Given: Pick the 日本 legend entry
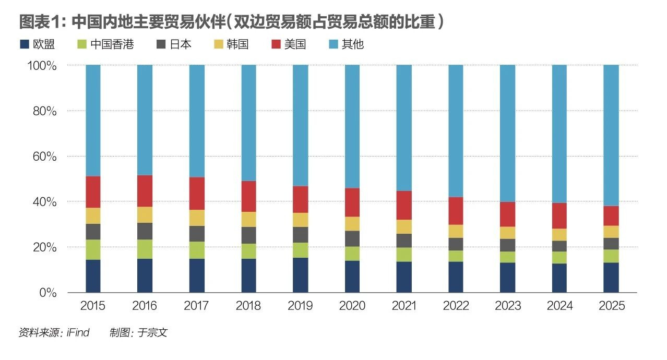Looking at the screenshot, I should tap(174, 44).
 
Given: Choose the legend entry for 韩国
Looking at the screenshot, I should tap(231, 44).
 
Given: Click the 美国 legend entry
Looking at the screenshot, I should tap(289, 44).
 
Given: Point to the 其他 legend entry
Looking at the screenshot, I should tap(346, 44).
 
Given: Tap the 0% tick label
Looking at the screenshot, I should tap(49, 293).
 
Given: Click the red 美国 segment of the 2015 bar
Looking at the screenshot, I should tap(93, 192).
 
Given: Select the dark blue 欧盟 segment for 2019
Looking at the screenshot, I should tap(300, 275).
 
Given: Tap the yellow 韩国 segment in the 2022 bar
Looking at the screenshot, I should tap(456, 231).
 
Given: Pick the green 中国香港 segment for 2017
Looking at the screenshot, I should tap(197, 250).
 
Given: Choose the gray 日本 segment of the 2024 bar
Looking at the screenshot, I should tap(559, 246).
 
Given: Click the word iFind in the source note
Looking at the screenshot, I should tap(78, 332).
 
